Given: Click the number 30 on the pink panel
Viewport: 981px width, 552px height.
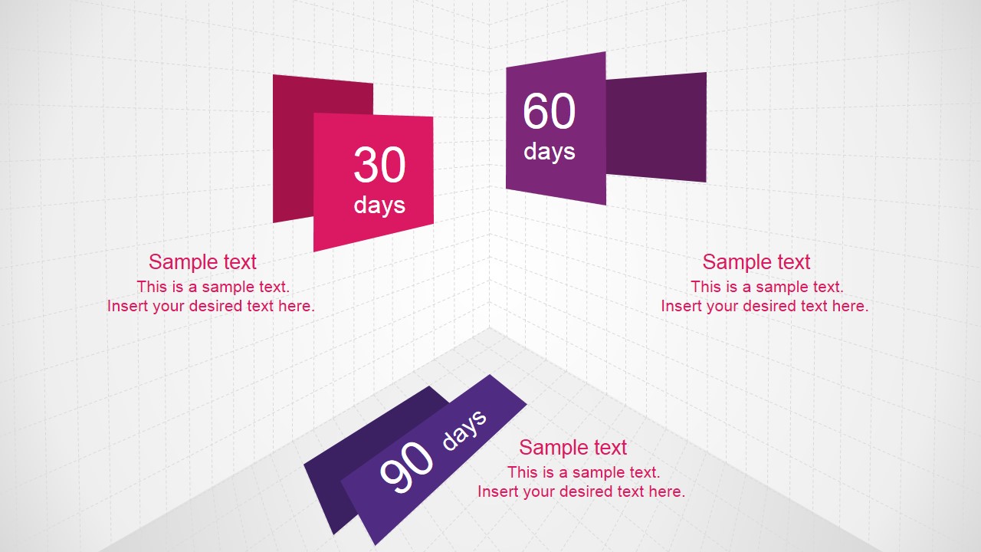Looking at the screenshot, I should click(379, 165).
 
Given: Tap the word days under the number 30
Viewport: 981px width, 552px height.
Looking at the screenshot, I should click(379, 205).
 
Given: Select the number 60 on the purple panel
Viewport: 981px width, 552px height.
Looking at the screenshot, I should click(549, 112).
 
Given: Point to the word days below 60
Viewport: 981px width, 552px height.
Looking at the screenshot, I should click(549, 151).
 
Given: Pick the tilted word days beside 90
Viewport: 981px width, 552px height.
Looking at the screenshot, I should click(464, 429).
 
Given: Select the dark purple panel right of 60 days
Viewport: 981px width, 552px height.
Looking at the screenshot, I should click(656, 127).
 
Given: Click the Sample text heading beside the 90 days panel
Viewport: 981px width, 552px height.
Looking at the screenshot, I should click(573, 448).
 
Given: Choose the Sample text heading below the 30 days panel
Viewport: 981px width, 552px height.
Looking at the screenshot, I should click(202, 262).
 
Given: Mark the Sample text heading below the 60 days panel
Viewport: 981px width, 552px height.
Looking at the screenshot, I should click(756, 262).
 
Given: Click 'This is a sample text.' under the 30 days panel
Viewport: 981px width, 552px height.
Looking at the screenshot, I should click(213, 287).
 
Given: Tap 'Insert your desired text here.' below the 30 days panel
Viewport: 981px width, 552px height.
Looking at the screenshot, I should click(211, 306).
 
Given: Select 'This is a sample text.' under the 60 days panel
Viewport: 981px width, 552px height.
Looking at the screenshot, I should click(766, 287).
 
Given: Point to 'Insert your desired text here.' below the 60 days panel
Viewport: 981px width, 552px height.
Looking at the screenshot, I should click(764, 306).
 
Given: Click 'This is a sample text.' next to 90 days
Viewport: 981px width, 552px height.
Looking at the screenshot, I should click(583, 472).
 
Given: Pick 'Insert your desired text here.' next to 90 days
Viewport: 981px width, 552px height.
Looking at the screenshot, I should click(581, 491).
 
